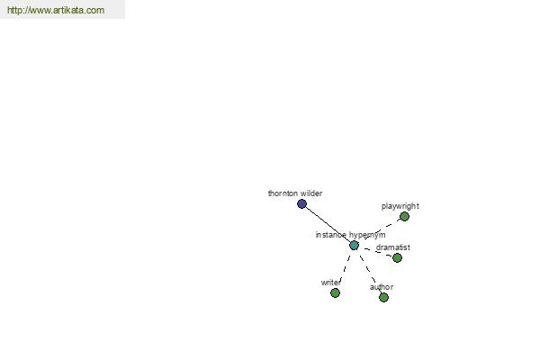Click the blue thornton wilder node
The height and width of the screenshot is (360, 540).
pyautogui.click(x=301, y=204)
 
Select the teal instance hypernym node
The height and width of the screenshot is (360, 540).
pyautogui.click(x=354, y=246)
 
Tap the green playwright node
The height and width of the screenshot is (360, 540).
pyautogui.click(x=404, y=217)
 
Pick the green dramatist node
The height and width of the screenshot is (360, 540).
pyautogui.click(x=397, y=257)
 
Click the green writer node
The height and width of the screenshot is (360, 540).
pyautogui.click(x=335, y=292)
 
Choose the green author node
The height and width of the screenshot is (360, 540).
pyautogui.click(x=383, y=297)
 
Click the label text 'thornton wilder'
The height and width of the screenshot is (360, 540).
pyautogui.click(x=295, y=193)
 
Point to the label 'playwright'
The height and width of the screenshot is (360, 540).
pyautogui.click(x=400, y=206)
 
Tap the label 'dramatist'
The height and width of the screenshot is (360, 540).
pyautogui.click(x=393, y=247)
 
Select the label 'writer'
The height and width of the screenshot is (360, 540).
pyautogui.click(x=331, y=283)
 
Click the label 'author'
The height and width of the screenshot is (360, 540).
pyautogui.click(x=382, y=287)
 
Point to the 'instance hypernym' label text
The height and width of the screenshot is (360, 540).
pyautogui.click(x=351, y=235)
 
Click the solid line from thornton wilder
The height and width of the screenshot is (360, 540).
pyautogui.click(x=328, y=225)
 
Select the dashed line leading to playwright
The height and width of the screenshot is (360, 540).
pyautogui.click(x=381, y=230)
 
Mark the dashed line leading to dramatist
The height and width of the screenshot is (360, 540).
pyautogui.click(x=376, y=251)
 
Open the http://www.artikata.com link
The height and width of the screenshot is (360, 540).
pyautogui.click(x=56, y=10)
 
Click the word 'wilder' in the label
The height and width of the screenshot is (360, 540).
pyautogui.click(x=311, y=193)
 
